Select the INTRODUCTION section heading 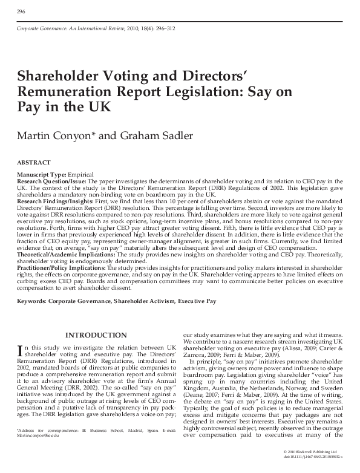point(96,335)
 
